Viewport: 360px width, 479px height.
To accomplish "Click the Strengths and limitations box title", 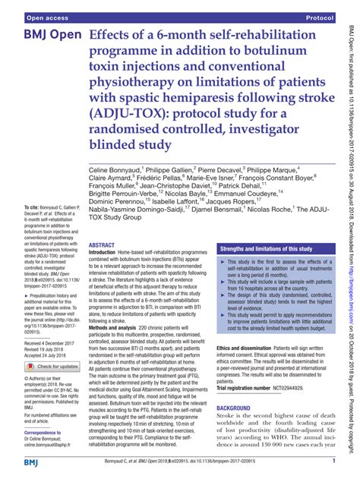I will point(266,249).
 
